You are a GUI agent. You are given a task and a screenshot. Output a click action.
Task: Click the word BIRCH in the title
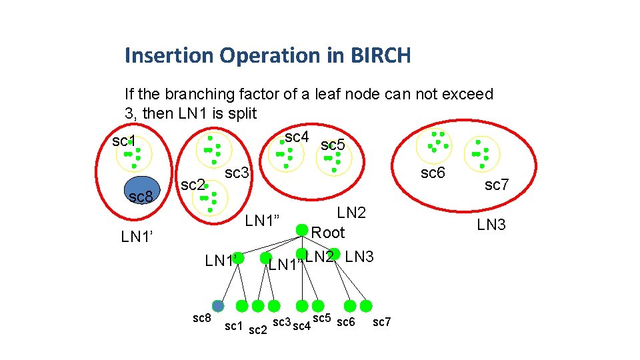pyautogui.click(x=379, y=55)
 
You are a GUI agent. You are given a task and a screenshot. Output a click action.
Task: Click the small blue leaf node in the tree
pyautogui.click(x=219, y=305)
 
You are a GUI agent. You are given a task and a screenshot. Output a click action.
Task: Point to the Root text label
pyautogui.click(x=328, y=233)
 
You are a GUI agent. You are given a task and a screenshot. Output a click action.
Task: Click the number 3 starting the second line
pyautogui.click(x=129, y=113)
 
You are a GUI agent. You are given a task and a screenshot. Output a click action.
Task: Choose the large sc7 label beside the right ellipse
pyautogui.click(x=497, y=185)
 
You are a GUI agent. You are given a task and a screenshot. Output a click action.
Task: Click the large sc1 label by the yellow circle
pyautogui.click(x=124, y=141)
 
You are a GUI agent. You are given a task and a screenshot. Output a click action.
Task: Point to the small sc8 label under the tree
pyautogui.click(x=202, y=318)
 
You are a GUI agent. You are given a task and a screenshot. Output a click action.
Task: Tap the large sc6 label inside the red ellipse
pyautogui.click(x=432, y=173)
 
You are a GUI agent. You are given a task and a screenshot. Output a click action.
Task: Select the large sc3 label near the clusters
pyautogui.click(x=237, y=173)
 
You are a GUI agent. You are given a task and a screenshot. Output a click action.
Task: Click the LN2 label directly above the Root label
pyautogui.click(x=351, y=213)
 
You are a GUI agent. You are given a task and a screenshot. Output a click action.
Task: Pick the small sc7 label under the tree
pyautogui.click(x=382, y=323)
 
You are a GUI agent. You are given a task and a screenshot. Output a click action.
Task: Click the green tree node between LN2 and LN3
pyautogui.click(x=335, y=255)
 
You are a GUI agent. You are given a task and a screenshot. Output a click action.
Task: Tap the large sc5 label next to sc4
pyautogui.click(x=333, y=145)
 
